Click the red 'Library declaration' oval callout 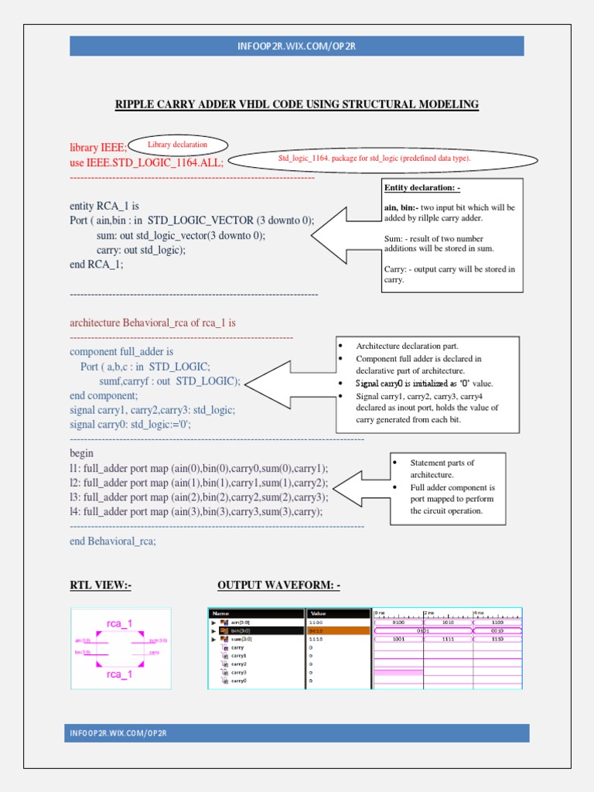pos(178,145)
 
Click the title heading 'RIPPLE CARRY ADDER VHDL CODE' pos(297,104)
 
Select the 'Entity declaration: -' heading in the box pos(422,188)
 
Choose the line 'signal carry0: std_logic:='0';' pos(130,424)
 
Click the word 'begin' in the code pos(81,453)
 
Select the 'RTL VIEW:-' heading pos(101,585)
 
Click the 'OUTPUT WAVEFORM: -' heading pos(278,585)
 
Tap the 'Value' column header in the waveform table pos(319,613)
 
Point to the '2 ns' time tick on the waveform pos(430,613)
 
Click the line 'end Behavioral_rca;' pos(113,541)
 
